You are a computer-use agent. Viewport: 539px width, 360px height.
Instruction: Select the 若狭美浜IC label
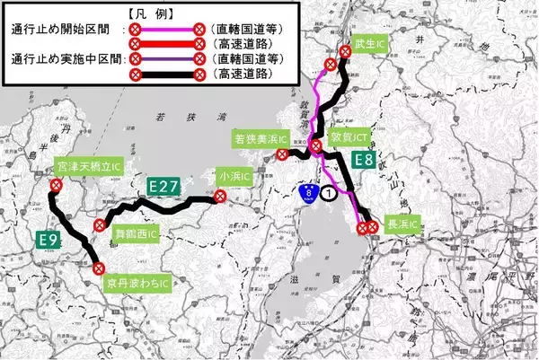pos(260,139)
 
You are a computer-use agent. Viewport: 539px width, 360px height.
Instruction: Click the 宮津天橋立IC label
pos(88,168)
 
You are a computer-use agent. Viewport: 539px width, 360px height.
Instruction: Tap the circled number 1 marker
pos(331,192)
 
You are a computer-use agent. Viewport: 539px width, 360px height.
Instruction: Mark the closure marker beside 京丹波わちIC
pos(101,267)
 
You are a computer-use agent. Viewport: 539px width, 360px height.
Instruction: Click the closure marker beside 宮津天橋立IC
pos(56,185)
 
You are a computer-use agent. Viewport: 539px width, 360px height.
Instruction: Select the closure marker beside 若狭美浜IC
pos(282,154)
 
